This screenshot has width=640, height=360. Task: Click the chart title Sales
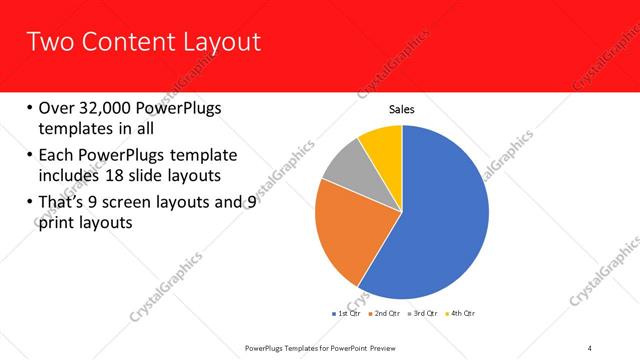401,110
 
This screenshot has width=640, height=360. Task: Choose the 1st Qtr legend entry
346,314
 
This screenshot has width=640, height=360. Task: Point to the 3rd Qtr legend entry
425,314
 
